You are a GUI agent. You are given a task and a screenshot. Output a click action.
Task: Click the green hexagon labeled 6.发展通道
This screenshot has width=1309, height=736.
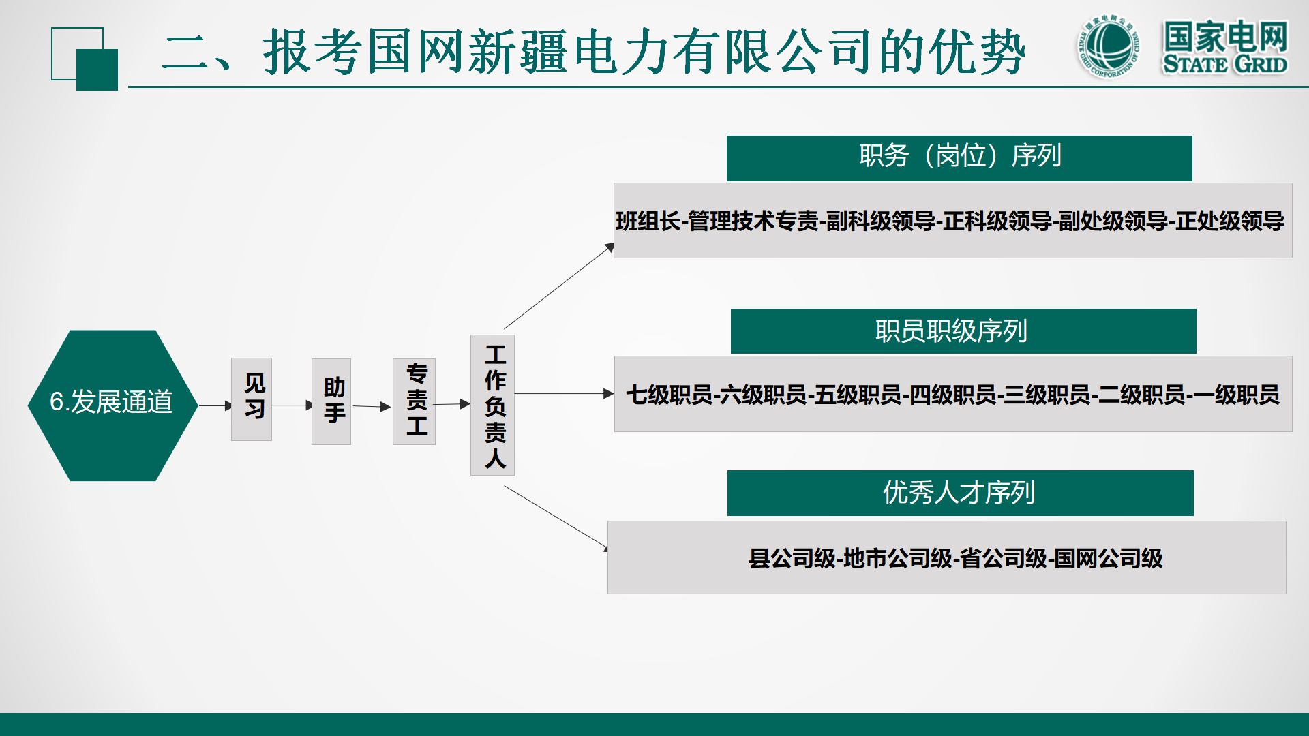pyautogui.click(x=112, y=405)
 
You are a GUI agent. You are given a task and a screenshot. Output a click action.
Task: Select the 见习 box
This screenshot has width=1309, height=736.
pyautogui.click(x=252, y=399)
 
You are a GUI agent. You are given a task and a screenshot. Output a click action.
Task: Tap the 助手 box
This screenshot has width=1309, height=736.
pyautogui.click(x=331, y=401)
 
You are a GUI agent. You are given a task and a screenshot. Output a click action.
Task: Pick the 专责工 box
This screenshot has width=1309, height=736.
pyautogui.click(x=414, y=401)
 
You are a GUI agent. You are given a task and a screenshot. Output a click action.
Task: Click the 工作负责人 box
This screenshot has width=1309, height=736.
pyautogui.click(x=492, y=405)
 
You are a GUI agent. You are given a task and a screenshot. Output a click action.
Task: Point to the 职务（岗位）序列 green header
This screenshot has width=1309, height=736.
pyautogui.click(x=959, y=157)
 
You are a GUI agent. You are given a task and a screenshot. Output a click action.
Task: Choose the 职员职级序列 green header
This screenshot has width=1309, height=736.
pyautogui.click(x=963, y=331)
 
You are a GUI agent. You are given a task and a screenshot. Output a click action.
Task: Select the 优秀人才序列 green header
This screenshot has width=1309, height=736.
pyautogui.click(x=960, y=493)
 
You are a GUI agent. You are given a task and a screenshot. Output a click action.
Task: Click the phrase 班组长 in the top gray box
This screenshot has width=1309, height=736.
pyautogui.click(x=648, y=221)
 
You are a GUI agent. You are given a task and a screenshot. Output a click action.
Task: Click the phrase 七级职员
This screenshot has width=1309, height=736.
pyautogui.click(x=669, y=395)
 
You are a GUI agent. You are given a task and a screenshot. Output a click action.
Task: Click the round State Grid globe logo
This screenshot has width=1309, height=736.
pyautogui.click(x=1109, y=47)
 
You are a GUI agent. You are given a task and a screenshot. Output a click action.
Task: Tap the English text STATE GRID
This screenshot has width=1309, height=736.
pyautogui.click(x=1224, y=65)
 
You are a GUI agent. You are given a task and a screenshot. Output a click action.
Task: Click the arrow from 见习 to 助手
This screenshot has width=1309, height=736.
pyautogui.click(x=292, y=405)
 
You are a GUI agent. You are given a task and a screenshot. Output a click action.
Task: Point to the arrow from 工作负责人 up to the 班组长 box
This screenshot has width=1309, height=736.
pyautogui.click(x=559, y=286)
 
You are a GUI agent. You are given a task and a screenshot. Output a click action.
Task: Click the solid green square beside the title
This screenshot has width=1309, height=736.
pyautogui.click(x=97, y=70)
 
